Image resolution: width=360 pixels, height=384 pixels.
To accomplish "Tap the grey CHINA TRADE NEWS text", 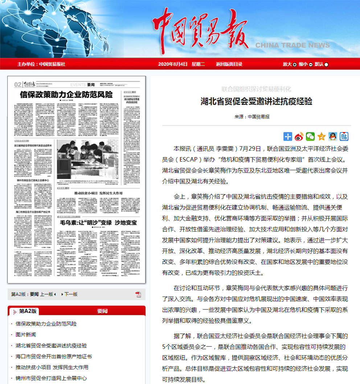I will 292,45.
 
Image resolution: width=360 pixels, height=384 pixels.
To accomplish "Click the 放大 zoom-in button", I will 290,64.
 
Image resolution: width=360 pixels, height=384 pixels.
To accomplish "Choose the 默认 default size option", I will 321,64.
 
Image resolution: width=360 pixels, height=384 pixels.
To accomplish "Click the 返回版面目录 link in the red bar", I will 229,64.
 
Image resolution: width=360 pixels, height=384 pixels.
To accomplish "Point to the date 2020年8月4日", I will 173,64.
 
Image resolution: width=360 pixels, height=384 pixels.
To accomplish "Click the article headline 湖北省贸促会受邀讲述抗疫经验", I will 256,101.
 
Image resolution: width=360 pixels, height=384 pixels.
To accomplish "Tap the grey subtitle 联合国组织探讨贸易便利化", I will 256,89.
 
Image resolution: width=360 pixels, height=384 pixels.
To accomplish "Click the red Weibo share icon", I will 299,136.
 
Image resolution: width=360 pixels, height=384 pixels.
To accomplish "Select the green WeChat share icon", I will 310,136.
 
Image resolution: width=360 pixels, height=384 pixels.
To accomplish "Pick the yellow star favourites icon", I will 322,136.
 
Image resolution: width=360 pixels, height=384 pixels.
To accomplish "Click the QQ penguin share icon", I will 333,136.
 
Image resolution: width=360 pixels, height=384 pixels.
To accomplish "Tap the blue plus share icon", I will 288,136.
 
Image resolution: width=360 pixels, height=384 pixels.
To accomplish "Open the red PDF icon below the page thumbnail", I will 138,294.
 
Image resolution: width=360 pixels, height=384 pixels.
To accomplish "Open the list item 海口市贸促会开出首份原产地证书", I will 54,356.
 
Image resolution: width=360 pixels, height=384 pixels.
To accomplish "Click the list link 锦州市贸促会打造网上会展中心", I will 51,378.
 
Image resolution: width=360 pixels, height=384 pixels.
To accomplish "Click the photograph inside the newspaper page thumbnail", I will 87,160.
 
